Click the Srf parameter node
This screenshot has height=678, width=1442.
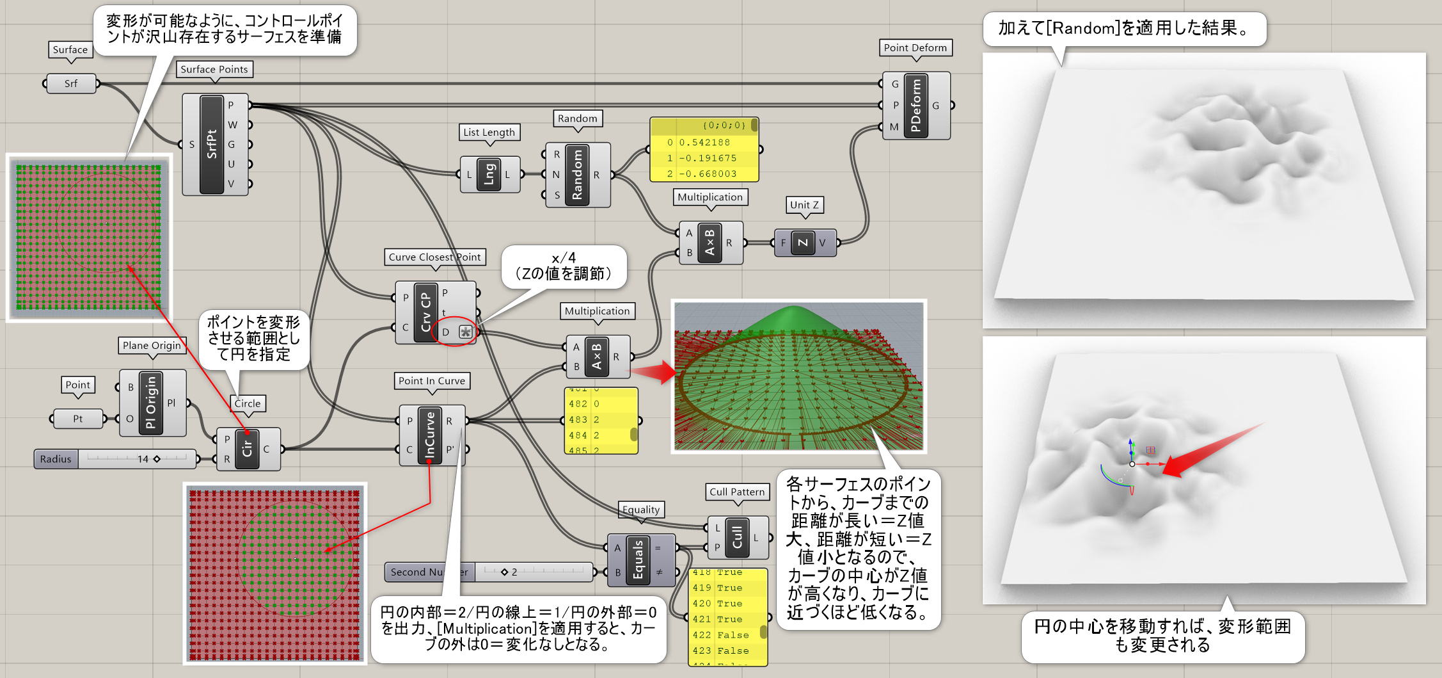(x=70, y=84)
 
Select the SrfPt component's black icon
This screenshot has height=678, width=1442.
(x=212, y=144)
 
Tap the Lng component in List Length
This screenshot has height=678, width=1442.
(x=489, y=174)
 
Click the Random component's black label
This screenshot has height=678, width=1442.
(x=577, y=174)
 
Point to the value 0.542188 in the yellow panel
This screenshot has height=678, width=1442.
(x=704, y=142)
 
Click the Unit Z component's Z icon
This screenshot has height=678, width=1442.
(x=803, y=243)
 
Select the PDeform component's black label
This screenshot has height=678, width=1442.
(x=915, y=106)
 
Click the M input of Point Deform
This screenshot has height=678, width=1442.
(x=894, y=127)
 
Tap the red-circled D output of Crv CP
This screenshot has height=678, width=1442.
(x=446, y=332)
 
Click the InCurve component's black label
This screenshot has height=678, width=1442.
(x=430, y=435)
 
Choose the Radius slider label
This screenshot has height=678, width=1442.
(x=56, y=459)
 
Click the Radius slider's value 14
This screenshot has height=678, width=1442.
(x=143, y=459)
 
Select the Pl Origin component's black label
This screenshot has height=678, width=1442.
(x=151, y=403)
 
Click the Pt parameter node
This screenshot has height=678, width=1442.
(x=77, y=419)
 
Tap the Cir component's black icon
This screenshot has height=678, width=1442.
(x=247, y=449)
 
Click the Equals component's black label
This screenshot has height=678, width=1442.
(x=638, y=560)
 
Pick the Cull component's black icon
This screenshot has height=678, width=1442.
(x=737, y=537)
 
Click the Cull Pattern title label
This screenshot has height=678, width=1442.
(x=737, y=492)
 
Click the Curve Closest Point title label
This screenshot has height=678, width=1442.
(x=434, y=257)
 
